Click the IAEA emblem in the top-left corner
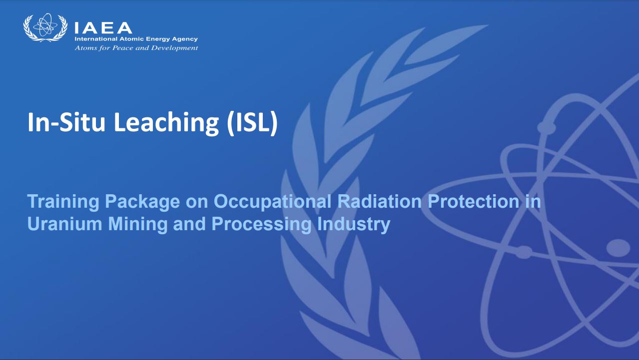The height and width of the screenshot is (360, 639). (45, 27)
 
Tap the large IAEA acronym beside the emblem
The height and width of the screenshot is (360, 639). (103, 28)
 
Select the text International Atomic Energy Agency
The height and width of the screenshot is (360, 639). (136, 39)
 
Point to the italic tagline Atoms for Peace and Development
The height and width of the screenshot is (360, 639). (136, 48)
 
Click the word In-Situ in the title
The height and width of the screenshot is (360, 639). (66, 122)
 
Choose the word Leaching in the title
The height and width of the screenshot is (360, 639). (166, 122)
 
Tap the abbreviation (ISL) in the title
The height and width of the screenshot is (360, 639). (252, 123)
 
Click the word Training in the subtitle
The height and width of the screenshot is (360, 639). (63, 202)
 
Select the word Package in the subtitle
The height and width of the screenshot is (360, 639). (142, 202)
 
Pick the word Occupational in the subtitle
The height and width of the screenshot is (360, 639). (272, 202)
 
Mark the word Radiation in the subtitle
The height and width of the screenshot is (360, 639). (379, 201)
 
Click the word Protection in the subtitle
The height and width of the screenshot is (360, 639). (473, 201)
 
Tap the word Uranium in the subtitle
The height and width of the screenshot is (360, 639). (65, 224)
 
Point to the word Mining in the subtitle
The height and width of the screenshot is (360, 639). (138, 225)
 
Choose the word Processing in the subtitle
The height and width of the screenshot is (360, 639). (261, 225)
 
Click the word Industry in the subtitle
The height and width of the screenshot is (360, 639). (353, 225)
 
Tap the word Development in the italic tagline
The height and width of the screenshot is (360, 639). (174, 48)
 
